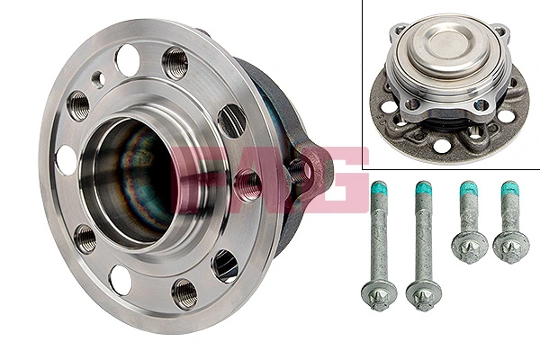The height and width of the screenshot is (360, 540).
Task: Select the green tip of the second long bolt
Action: point(420,192)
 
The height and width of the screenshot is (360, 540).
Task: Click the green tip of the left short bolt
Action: point(468,191)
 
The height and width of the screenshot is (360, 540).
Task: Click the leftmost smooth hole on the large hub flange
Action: point(65,159)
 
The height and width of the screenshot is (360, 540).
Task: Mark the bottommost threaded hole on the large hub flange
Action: point(184,291)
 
